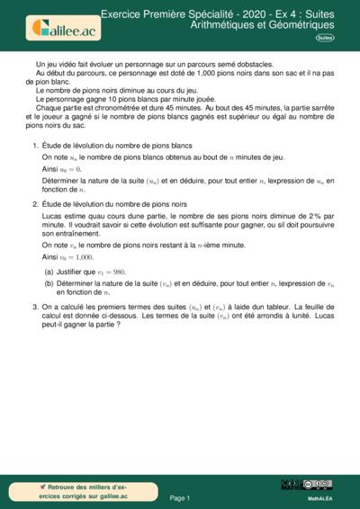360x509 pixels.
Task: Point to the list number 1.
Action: click(x=34, y=146)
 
